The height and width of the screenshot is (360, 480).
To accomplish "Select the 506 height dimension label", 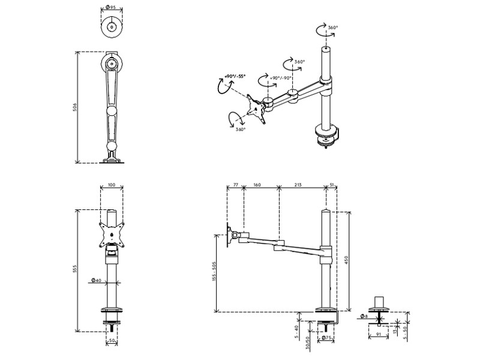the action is pyautogui.click(x=74, y=107).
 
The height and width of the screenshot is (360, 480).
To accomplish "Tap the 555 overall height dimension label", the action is pyautogui.click(x=74, y=269).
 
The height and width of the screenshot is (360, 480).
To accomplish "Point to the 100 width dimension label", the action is pyautogui.click(x=112, y=185).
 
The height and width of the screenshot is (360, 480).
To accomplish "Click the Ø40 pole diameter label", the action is pyautogui.click(x=96, y=280).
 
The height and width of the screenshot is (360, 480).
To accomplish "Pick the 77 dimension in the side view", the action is pyautogui.click(x=236, y=185).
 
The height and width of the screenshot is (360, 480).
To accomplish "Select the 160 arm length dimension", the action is pyautogui.click(x=257, y=185).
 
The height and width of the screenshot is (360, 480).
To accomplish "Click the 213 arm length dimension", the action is pyautogui.click(x=298, y=185).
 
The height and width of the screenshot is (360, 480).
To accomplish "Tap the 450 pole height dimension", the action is pyautogui.click(x=347, y=260).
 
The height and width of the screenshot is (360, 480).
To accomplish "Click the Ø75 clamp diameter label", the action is pyautogui.click(x=326, y=338).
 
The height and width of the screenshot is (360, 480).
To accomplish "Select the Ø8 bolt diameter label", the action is pyautogui.click(x=364, y=316).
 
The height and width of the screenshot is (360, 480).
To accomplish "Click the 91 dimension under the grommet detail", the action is pyautogui.click(x=379, y=335).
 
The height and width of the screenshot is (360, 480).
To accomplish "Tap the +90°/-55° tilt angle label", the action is pyautogui.click(x=235, y=76).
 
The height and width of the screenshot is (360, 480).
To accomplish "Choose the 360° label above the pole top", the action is pyautogui.click(x=333, y=27).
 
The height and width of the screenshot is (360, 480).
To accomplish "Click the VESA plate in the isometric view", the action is pyautogui.click(x=256, y=109).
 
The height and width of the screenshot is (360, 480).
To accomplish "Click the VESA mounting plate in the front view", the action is pyautogui.click(x=112, y=235).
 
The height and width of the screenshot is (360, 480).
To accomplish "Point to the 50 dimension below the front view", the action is pyautogui.click(x=112, y=340).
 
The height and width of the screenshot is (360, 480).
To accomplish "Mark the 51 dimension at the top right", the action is pyautogui.click(x=332, y=185).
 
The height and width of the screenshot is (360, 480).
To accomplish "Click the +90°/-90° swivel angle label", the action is pyautogui.click(x=281, y=78).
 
